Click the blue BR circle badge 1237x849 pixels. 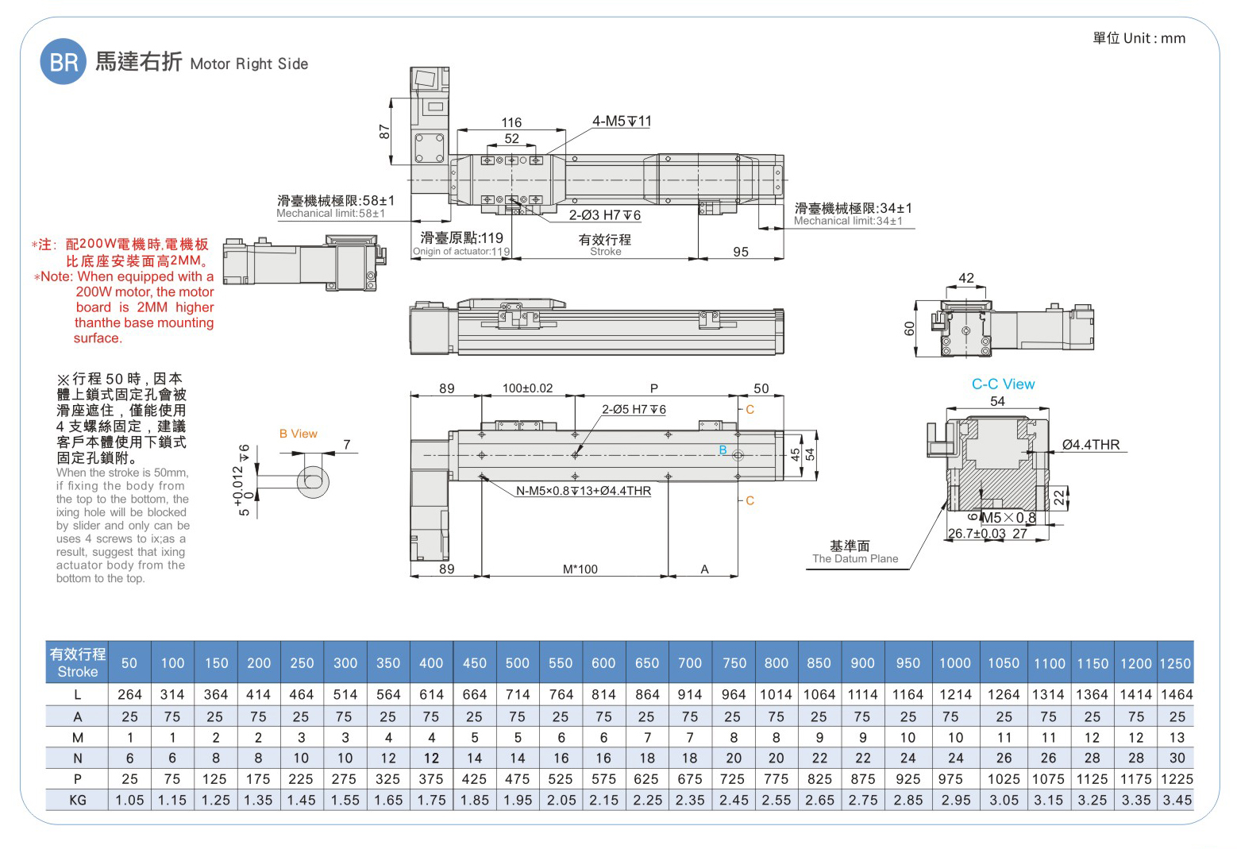[x=63, y=62]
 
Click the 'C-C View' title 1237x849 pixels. [x=1003, y=384]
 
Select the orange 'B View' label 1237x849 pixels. [x=298, y=434]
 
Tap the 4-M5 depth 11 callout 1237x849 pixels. [x=621, y=122]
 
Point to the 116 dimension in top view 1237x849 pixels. [x=511, y=122]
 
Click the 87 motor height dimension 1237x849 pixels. [x=384, y=131]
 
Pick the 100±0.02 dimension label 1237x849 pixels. [x=527, y=388]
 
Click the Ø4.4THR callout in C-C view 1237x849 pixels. [x=1090, y=445]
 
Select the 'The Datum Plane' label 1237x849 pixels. [x=854, y=558]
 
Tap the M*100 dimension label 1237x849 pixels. [x=580, y=569]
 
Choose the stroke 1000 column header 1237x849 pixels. [x=954, y=663]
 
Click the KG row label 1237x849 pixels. [x=78, y=800]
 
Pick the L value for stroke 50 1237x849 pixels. [x=129, y=694]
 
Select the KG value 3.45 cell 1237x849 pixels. [x=1177, y=800]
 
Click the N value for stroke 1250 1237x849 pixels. [x=1177, y=758]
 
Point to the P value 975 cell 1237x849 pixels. [x=950, y=779]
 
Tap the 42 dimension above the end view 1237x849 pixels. [x=965, y=278]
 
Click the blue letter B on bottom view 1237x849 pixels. [x=723, y=450]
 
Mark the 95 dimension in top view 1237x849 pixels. [x=740, y=252]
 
